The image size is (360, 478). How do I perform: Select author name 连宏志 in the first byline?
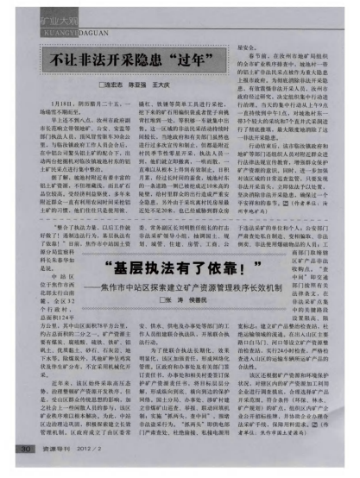point(116,87)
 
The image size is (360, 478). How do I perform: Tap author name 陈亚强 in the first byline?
point(141,87)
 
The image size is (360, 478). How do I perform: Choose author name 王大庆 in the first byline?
point(166,87)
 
